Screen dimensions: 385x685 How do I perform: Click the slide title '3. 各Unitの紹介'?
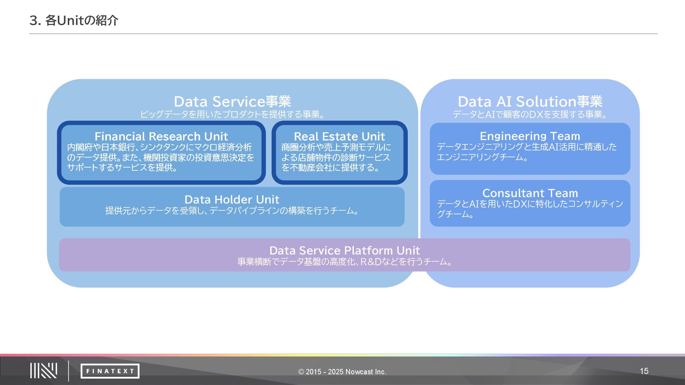coord(73,21)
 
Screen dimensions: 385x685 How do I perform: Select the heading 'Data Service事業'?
coord(232,102)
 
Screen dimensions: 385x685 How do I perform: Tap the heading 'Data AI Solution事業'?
coord(530,102)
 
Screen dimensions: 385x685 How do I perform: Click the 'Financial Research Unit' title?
coord(161,136)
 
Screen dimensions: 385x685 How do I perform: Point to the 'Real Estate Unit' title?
coord(339,136)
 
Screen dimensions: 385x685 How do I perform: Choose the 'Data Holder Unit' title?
coord(232,199)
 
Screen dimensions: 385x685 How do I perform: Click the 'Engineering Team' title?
coord(530,136)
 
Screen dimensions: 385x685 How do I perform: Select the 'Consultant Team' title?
coord(530,193)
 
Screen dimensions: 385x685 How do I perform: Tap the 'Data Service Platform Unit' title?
coord(344,250)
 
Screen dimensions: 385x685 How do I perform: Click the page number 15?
coord(644,371)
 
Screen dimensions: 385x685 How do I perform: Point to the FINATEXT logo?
coord(110,371)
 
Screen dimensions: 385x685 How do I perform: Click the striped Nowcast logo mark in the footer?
coord(44,371)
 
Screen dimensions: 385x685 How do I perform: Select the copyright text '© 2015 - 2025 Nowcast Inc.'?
coord(342,372)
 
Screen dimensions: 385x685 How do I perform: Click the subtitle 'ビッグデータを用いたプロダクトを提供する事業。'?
coord(232,114)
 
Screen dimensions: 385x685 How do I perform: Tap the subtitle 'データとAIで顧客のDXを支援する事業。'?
coord(530,114)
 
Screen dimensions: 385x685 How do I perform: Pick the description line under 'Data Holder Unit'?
coord(232,211)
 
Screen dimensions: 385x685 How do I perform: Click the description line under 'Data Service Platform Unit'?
coord(345,262)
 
